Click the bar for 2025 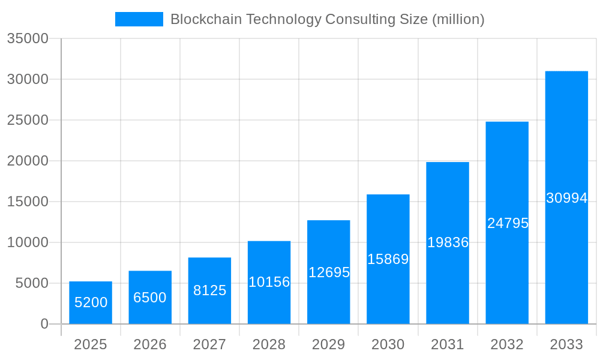[91, 303]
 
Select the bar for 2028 [269, 283]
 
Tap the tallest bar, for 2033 [566, 198]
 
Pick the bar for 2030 [388, 259]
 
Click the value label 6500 [150, 298]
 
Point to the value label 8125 [209, 290]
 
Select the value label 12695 [329, 272]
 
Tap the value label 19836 [448, 242]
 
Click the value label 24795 [508, 223]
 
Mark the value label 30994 [566, 198]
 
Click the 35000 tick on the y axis [27, 39]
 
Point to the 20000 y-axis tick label [27, 161]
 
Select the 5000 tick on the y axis [31, 283]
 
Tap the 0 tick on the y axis [44, 324]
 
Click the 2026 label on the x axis [150, 344]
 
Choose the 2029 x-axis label [329, 344]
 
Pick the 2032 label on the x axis [507, 344]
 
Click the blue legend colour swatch [139, 19]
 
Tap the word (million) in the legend [458, 19]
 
